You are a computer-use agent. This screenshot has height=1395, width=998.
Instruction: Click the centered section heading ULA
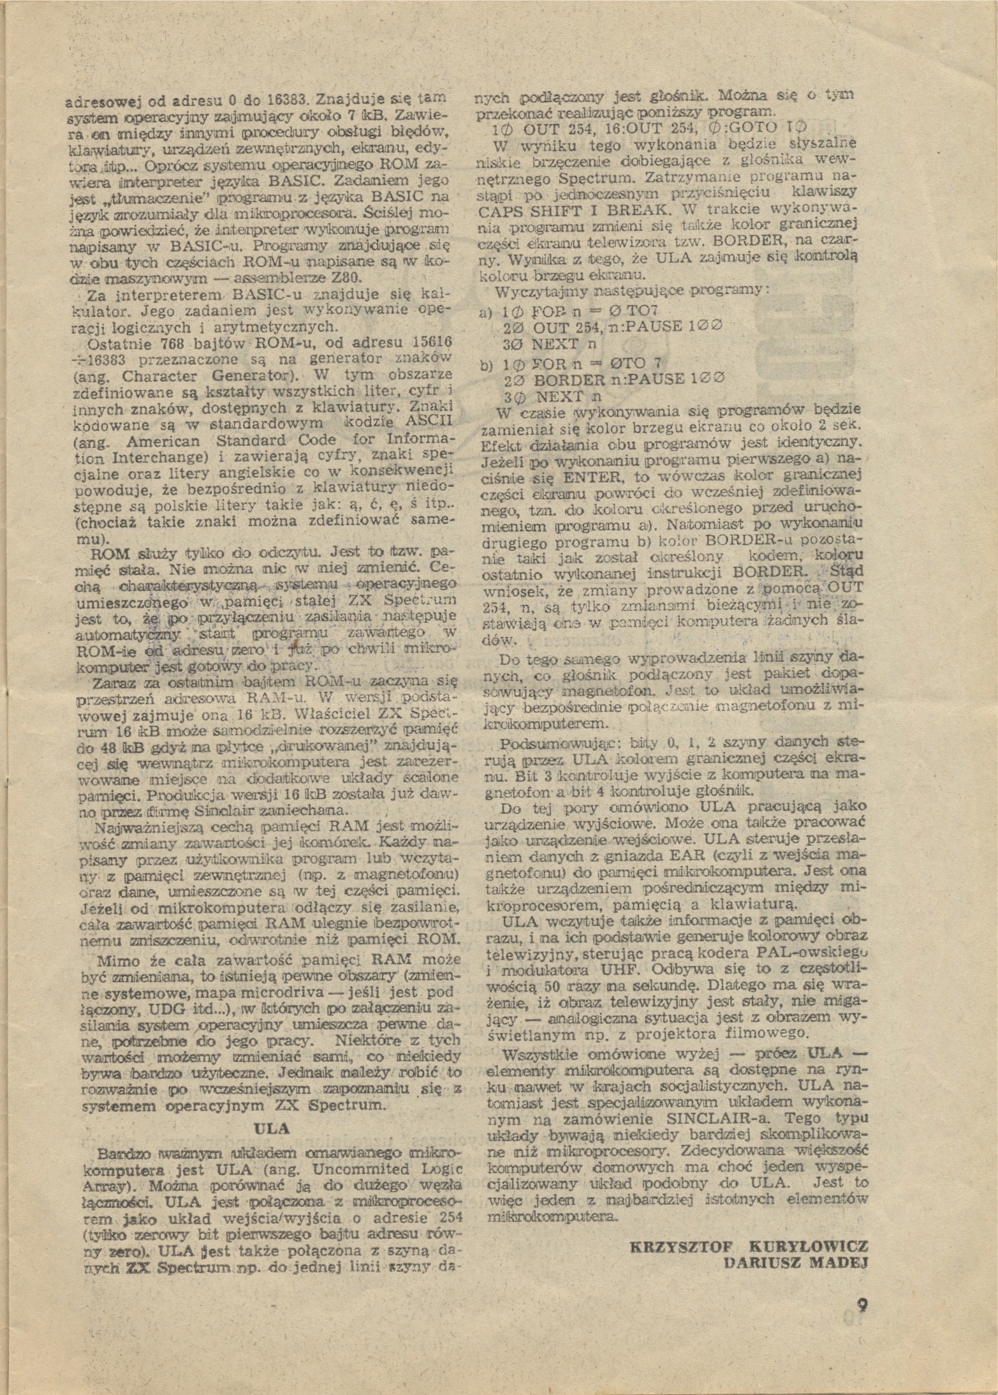pyautogui.click(x=272, y=1128)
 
